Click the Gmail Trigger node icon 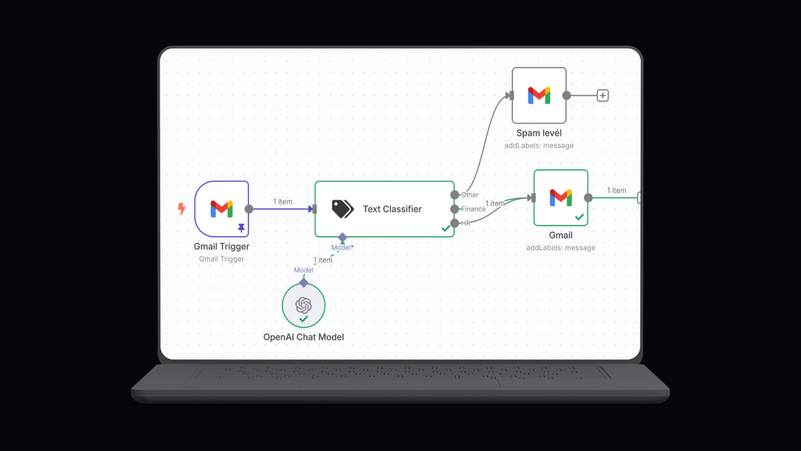point(222,208)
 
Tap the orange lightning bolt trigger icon point(182,208)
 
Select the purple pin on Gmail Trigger point(241,228)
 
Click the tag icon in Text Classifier point(342,209)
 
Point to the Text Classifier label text point(392,209)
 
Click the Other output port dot point(454,195)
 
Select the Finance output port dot point(454,209)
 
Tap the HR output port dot point(454,223)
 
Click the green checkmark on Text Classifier point(445,229)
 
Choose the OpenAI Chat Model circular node point(303,305)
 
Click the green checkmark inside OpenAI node point(303,319)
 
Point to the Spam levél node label point(539,133)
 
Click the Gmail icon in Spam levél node point(539,96)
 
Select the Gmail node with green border point(561,198)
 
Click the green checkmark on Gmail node point(579,217)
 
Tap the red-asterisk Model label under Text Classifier point(342,247)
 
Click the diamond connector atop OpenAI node point(304,282)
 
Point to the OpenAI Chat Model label point(303,337)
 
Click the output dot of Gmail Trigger point(249,209)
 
